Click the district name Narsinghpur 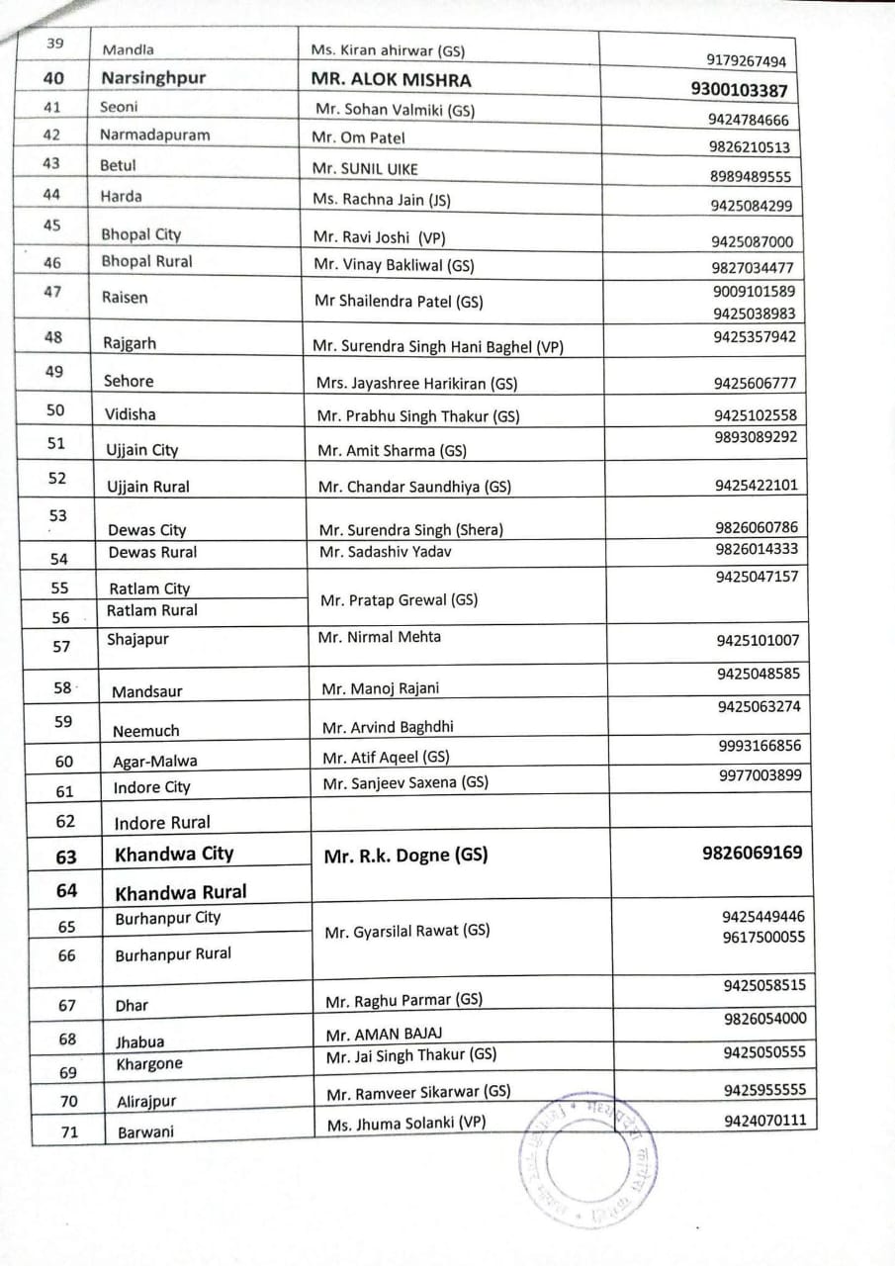click(x=152, y=78)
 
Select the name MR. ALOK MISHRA click(x=392, y=80)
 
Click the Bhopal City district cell click(x=140, y=234)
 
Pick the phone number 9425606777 click(x=755, y=383)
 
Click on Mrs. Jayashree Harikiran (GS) click(x=416, y=383)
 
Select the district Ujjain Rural click(x=148, y=486)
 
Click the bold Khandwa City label click(x=174, y=854)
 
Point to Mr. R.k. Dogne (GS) click(x=405, y=856)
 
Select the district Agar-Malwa click(x=154, y=761)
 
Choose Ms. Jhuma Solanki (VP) click(x=406, y=1122)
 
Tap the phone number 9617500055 click(x=763, y=937)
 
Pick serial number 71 click(x=69, y=1131)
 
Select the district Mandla click(x=128, y=48)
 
